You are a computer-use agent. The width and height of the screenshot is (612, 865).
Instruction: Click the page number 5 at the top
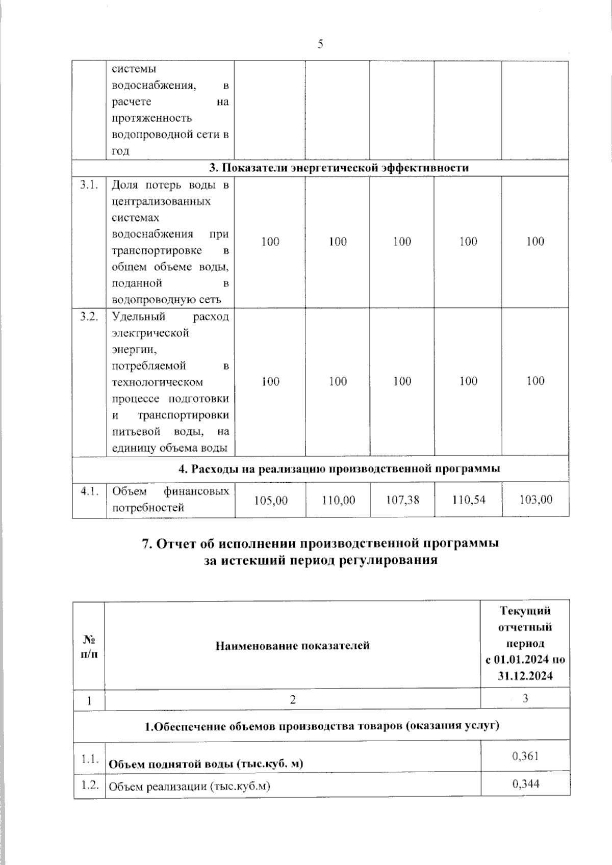pos(320,44)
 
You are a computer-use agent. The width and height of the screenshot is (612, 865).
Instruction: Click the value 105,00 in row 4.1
pos(271,500)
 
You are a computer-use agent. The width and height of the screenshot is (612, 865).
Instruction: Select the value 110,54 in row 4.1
pos(468,500)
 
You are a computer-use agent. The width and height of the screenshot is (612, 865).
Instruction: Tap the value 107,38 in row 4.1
pos(402,500)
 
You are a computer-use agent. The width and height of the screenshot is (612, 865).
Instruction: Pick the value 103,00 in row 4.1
pos(535,500)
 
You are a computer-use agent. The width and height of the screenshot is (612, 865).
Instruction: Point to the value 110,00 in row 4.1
pos(338,500)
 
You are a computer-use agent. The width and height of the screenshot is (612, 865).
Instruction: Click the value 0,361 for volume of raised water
pos(525,755)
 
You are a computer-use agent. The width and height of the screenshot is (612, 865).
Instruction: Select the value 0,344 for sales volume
pos(525,783)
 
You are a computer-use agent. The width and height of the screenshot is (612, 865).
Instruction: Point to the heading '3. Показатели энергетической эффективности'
pos(339,168)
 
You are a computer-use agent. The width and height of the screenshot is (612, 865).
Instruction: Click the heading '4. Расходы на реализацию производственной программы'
pos(339,468)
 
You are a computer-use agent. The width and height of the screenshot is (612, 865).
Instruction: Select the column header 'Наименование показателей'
pos(292,646)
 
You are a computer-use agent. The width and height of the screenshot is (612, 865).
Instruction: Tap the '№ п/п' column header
pos(89,646)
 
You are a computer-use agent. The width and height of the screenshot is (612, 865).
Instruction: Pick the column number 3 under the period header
pos(525,698)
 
